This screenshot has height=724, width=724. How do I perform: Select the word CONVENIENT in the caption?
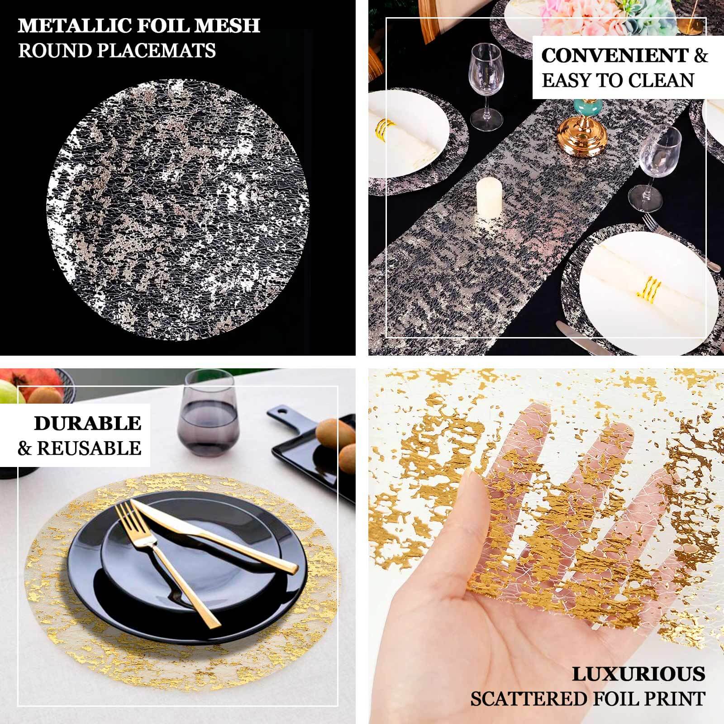(x=614, y=56)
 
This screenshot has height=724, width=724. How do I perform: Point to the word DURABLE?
(x=87, y=424)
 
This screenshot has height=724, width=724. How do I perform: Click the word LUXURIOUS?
(x=638, y=674)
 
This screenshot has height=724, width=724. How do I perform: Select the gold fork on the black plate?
(x=158, y=557)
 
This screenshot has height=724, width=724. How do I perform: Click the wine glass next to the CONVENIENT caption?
(x=486, y=86)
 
